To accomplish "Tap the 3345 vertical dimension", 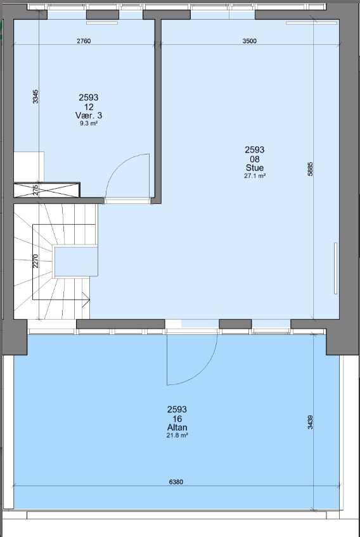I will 36,96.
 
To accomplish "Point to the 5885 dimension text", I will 311,170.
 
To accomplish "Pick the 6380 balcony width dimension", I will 176,482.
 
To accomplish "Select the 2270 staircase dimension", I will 36,261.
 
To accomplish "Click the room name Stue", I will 254,168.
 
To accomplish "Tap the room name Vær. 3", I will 88,116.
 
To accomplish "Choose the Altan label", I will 177,427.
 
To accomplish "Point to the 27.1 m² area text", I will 254,176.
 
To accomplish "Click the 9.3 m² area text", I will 88,124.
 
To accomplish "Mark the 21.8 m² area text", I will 177,436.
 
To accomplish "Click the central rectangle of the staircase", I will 76,262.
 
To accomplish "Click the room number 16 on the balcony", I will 177,419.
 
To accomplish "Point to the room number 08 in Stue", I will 254,159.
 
